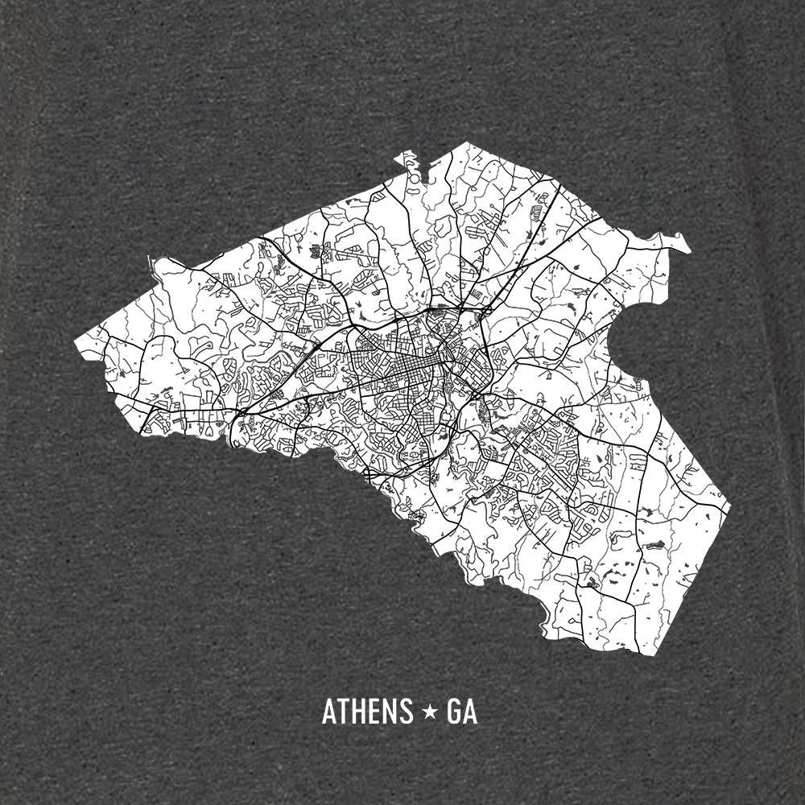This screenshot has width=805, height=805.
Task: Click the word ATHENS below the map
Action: tap(367, 712)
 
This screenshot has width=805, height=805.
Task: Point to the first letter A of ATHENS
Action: tap(328, 712)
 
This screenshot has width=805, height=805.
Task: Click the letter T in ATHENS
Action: tap(343, 712)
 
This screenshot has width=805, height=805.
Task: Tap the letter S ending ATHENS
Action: tap(405, 712)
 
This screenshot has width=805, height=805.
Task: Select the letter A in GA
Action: tap(470, 712)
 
